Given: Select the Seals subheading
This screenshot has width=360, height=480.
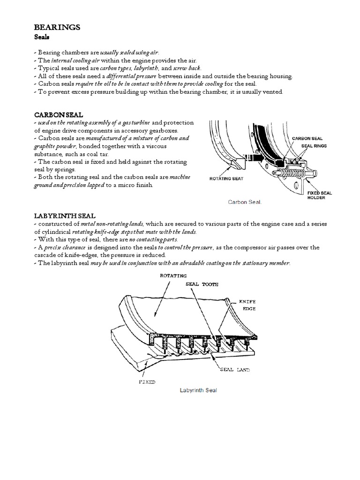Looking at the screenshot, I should click(x=43, y=37).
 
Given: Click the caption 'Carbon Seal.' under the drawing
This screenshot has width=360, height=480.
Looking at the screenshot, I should click(x=244, y=202).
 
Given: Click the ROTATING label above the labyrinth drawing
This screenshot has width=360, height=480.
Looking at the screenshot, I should click(x=173, y=276).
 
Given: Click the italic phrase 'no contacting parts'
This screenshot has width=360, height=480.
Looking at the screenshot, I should click(x=153, y=240).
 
